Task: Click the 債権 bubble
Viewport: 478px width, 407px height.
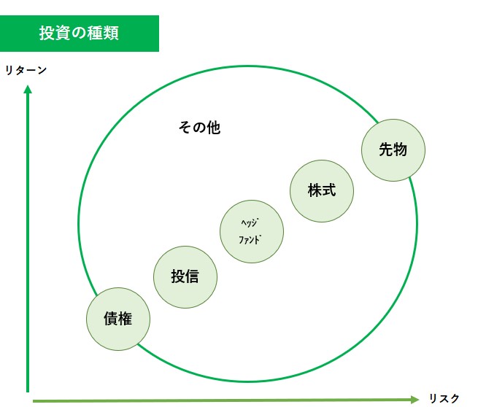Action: (x=118, y=319)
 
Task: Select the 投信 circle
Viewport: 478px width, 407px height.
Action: (x=185, y=277)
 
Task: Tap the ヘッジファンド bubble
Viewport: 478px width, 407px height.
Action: (x=252, y=231)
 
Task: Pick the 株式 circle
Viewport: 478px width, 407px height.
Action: (x=322, y=191)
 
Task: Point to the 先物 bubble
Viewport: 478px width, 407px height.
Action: (x=393, y=150)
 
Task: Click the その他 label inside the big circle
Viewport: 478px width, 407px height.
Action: (x=199, y=128)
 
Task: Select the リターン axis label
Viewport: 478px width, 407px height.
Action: (x=26, y=70)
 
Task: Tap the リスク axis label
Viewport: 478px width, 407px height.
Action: (x=444, y=398)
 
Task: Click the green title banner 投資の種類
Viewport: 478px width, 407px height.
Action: (x=80, y=34)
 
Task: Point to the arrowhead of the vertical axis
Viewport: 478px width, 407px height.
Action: (x=28, y=89)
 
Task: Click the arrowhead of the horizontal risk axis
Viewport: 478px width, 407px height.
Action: (x=415, y=400)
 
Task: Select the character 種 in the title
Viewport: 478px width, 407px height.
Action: (x=95, y=33)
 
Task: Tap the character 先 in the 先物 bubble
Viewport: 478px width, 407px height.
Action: (x=386, y=150)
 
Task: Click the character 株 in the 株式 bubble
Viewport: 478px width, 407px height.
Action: (x=315, y=190)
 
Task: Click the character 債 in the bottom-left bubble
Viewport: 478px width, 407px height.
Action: (x=111, y=319)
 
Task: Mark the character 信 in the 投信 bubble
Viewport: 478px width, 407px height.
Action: (x=192, y=276)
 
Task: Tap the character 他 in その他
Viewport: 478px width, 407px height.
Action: (x=214, y=128)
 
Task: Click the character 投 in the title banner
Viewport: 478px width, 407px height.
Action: (x=47, y=33)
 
